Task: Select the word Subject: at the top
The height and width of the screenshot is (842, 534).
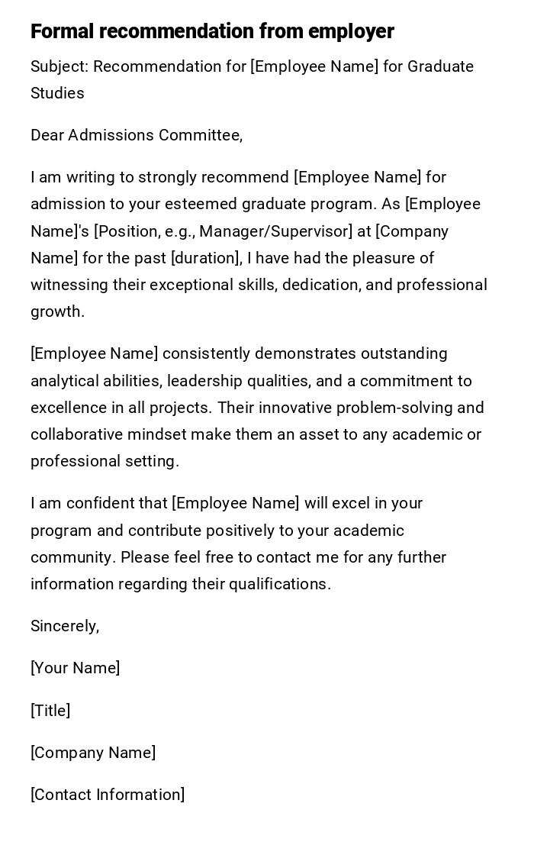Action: click(x=60, y=66)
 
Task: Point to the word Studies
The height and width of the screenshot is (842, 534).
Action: click(x=57, y=93)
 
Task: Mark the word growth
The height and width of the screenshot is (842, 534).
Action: click(x=57, y=311)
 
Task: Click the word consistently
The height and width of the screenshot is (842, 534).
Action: click(x=207, y=353)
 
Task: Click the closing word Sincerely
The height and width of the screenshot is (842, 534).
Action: click(x=63, y=626)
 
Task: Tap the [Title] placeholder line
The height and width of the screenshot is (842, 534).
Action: click(x=50, y=711)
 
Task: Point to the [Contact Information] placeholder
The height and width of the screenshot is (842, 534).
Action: click(x=108, y=795)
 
